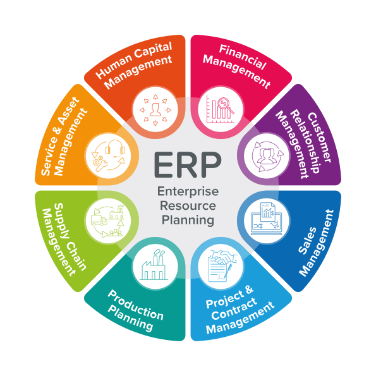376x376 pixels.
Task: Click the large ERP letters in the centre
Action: click(188, 165)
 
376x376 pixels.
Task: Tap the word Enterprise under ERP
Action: click(188, 191)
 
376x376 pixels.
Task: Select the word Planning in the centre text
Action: click(188, 220)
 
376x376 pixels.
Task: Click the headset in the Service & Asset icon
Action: click(115, 149)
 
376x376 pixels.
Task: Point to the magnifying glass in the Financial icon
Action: click(226, 105)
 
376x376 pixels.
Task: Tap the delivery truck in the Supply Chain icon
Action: click(99, 221)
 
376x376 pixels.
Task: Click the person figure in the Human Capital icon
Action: click(155, 110)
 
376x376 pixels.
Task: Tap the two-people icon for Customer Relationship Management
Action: click(267, 156)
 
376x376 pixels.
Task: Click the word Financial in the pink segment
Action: click(243, 58)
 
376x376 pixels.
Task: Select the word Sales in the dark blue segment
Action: click(307, 241)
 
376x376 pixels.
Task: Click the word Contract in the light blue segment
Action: click(234, 309)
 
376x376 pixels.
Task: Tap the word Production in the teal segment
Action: click(136, 305)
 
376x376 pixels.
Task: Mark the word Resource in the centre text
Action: click(188, 206)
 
